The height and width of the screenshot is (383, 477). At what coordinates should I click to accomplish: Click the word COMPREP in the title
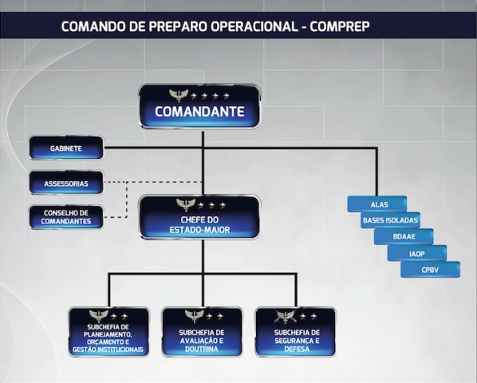[x=340, y=26]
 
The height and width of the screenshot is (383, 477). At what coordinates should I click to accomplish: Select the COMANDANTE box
[x=199, y=106]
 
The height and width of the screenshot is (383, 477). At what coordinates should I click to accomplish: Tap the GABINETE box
[x=66, y=148]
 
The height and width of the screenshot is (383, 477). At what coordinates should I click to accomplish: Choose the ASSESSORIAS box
[x=66, y=183]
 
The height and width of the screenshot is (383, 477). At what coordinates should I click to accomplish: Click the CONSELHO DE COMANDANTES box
[x=66, y=217]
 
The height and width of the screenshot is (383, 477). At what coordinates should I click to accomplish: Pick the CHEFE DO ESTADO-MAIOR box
[x=199, y=217]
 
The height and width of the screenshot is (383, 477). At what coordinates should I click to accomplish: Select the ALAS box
[x=377, y=204]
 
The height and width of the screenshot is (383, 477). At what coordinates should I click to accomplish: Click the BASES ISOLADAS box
[x=391, y=220]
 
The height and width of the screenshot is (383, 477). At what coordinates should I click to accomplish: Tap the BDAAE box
[x=404, y=236]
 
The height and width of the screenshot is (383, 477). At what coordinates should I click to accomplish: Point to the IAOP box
[x=417, y=253]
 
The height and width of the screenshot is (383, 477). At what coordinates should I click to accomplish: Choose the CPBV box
[x=431, y=270]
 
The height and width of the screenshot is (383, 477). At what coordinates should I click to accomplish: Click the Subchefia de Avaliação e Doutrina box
[x=202, y=332]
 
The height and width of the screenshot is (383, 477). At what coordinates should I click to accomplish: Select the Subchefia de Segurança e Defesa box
[x=296, y=332]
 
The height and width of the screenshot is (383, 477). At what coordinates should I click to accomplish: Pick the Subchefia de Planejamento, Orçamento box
[x=109, y=332]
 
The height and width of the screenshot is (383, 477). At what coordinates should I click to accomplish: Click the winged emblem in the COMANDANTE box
[x=179, y=96]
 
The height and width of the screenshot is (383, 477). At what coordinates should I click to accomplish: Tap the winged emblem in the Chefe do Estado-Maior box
[x=186, y=205]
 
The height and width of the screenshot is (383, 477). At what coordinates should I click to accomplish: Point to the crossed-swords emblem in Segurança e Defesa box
[x=285, y=317]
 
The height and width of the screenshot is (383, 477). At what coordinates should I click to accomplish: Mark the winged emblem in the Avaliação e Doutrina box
[x=195, y=316]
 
